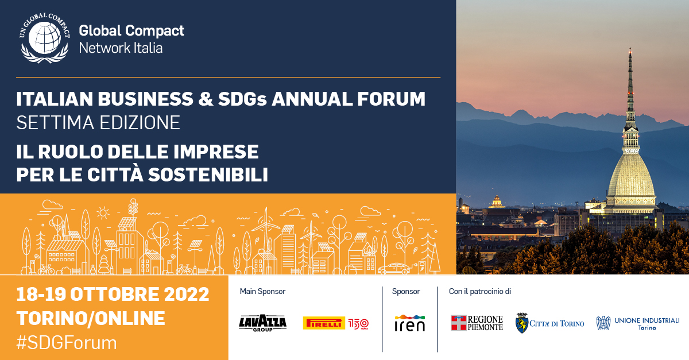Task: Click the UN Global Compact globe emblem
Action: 45,38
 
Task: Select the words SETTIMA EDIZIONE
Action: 98,122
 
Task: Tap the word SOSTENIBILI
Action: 208,175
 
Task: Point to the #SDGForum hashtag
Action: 67,342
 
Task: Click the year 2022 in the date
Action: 187,294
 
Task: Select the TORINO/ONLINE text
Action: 91,318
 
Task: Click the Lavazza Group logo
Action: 263,323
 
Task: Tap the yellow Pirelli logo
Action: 324,323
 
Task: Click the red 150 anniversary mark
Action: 358,324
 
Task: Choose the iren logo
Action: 410,323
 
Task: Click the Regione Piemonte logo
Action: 477,323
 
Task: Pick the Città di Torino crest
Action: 522,323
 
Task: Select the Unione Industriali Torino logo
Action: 638,323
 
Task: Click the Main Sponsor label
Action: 263,291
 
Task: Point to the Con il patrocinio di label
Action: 480,291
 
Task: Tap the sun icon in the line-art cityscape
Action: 103,212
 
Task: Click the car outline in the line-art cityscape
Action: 394,268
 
